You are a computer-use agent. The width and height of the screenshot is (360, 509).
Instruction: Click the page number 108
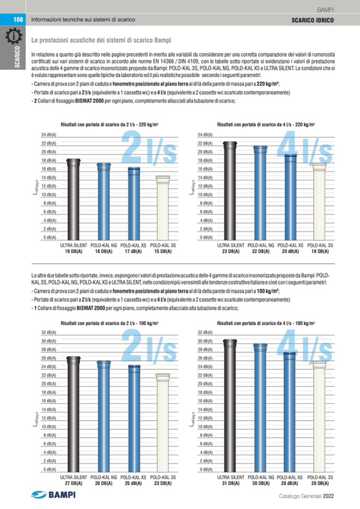tap(18, 19)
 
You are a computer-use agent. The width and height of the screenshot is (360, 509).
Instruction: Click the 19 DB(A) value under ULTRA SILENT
tap(73, 251)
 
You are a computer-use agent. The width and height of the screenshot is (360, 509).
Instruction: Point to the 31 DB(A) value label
tap(231, 483)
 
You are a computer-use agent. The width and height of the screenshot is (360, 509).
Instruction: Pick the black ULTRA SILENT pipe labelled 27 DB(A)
tap(73, 414)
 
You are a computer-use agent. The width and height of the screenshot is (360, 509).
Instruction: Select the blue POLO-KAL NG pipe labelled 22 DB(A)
tap(260, 194)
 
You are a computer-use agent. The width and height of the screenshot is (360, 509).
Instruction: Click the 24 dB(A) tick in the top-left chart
tap(49, 135)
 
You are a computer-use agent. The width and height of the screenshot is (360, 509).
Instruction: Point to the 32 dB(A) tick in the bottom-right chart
tap(205, 332)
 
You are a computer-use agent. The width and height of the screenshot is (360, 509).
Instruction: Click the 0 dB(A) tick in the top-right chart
tap(206, 237)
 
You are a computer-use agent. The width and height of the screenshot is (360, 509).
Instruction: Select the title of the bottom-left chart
tap(111, 323)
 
